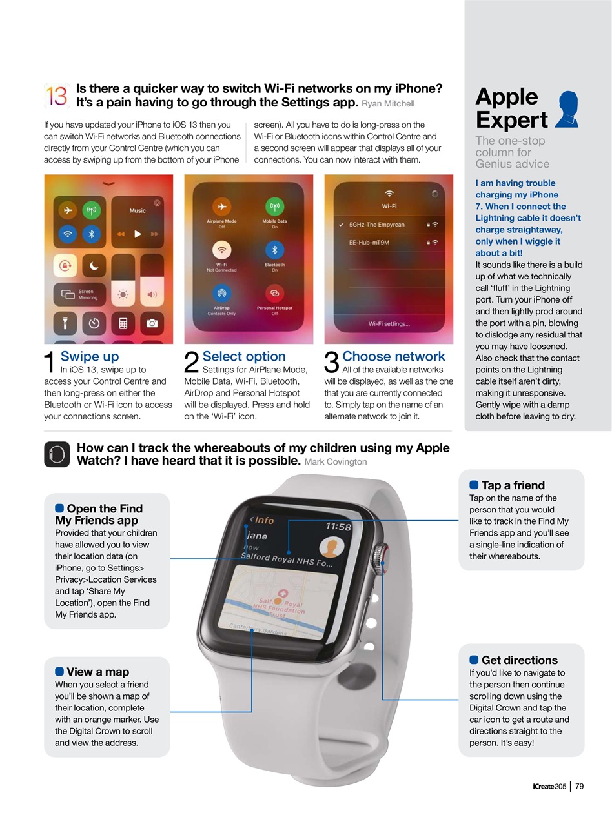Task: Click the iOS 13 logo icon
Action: (57, 96)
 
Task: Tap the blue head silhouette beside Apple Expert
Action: (567, 109)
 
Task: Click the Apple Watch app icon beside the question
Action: (57, 454)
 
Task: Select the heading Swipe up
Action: (90, 356)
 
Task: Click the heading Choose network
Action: (393, 356)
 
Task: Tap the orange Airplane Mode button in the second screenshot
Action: (221, 206)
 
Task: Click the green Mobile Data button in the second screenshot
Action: (274, 206)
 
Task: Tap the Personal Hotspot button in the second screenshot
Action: (274, 294)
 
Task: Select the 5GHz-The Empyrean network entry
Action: (377, 225)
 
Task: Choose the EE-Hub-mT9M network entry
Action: (369, 242)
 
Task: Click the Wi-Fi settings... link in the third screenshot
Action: (389, 323)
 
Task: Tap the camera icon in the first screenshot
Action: (152, 323)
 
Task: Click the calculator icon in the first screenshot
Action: (123, 323)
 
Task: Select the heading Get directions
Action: (519, 660)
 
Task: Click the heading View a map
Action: (97, 672)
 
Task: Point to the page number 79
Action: (579, 786)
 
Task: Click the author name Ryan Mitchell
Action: (388, 103)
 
